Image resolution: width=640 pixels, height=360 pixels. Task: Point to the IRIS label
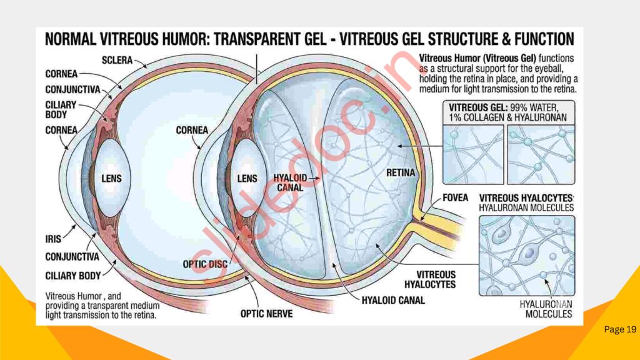(54, 239)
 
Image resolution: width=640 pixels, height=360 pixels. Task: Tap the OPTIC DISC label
(203, 264)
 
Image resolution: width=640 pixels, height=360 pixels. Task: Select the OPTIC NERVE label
(267, 314)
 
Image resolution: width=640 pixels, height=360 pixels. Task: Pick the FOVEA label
(455, 197)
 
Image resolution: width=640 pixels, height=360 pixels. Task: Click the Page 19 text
(620, 329)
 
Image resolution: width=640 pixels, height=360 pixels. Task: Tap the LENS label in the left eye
(111, 179)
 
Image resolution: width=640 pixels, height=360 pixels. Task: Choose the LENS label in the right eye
(247, 179)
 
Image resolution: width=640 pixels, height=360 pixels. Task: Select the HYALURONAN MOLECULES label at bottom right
(547, 309)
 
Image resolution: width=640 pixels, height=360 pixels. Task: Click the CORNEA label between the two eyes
(192, 131)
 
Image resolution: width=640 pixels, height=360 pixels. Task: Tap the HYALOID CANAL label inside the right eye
(289, 182)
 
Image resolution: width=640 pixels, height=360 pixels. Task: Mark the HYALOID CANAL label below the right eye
(393, 300)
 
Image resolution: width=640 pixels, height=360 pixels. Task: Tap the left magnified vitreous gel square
(472, 154)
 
